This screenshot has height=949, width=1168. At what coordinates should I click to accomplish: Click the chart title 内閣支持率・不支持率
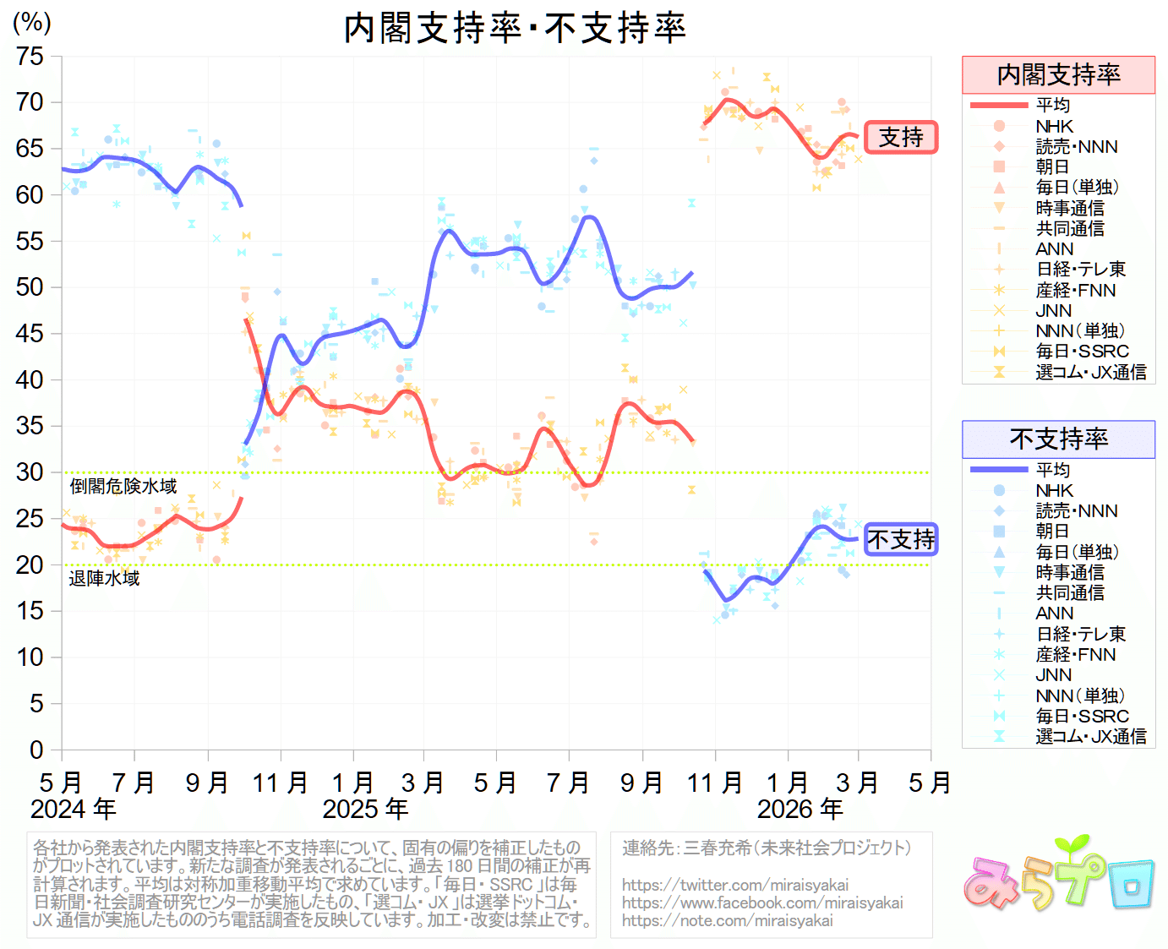[x=515, y=28]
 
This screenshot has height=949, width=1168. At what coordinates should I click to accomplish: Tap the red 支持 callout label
[x=901, y=137]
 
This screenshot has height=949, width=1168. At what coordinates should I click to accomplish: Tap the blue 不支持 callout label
[x=901, y=539]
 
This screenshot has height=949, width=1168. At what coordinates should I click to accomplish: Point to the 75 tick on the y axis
[x=30, y=57]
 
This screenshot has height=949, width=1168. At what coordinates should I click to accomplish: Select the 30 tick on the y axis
[x=30, y=472]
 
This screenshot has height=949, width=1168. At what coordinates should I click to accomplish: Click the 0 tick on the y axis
[x=36, y=750]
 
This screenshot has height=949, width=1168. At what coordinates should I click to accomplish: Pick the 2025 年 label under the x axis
[x=365, y=810]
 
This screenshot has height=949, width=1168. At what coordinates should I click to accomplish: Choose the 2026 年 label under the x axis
[x=800, y=810]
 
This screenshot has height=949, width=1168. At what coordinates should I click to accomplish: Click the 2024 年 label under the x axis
[x=73, y=810]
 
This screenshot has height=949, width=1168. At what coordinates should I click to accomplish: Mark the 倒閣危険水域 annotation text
[x=123, y=487]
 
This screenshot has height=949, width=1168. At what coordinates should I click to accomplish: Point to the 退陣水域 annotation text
[x=104, y=579]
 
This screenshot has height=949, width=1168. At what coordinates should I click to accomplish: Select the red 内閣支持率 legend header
[x=1058, y=75]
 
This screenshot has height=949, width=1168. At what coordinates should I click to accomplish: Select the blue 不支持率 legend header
[x=1058, y=439]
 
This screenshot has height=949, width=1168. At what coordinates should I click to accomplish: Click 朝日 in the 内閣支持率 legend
[x=1052, y=167]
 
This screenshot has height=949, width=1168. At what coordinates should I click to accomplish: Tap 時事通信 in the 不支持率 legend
[x=1070, y=573]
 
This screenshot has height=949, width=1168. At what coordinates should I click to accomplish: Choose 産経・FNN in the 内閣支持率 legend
[x=1075, y=291]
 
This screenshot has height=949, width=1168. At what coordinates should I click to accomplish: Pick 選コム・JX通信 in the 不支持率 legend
[x=1090, y=737]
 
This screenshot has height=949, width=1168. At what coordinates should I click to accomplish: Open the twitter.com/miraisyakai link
[x=734, y=885]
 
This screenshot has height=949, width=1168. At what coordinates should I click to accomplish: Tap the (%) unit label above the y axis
[x=32, y=23]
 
